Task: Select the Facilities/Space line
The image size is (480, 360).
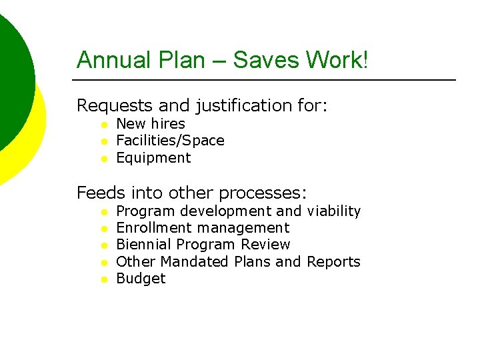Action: (170, 141)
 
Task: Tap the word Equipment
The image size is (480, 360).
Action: (153, 158)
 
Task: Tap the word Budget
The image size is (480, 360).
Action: (141, 279)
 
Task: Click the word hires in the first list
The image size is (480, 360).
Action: (168, 123)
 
